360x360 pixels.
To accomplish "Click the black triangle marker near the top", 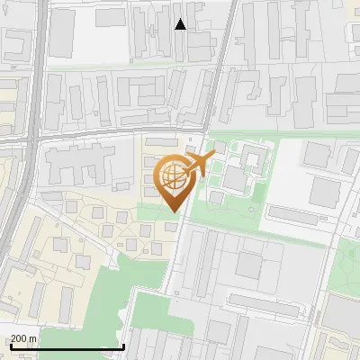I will [180, 24].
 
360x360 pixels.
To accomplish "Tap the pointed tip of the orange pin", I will [174, 212].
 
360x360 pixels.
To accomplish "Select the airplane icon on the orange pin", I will [196, 165].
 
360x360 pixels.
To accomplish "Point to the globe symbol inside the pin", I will [173, 176].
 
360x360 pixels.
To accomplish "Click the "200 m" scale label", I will [24, 338].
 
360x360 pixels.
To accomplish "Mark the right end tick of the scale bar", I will [123, 346].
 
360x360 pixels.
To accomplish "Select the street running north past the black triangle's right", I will [224, 54].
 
